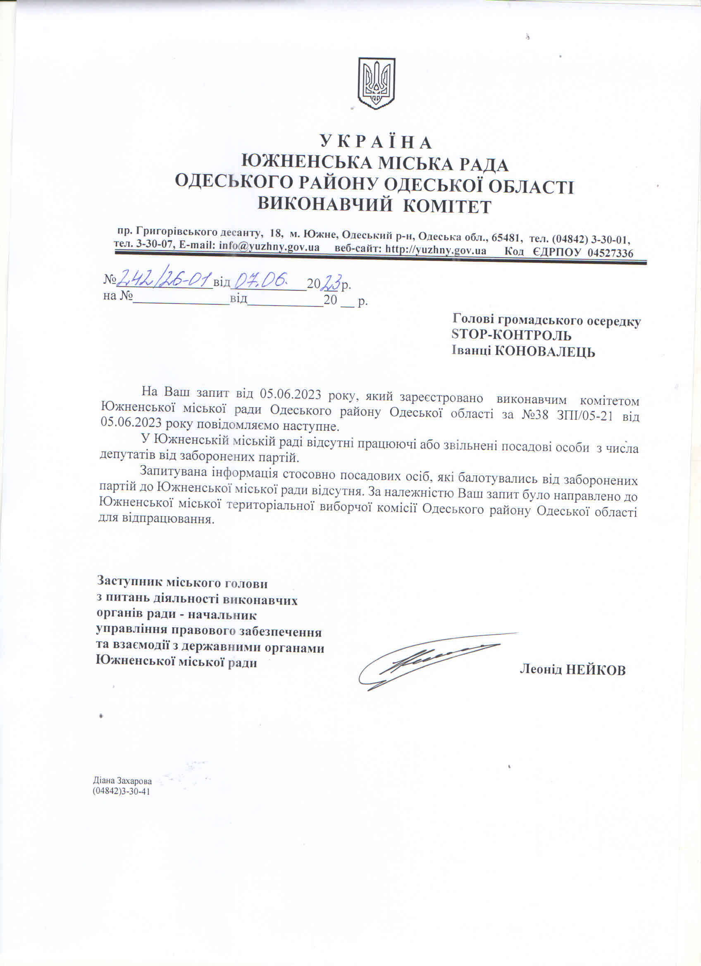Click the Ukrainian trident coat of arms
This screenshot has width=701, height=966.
tap(376, 84)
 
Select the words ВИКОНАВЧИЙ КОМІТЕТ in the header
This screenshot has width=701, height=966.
tap(375, 206)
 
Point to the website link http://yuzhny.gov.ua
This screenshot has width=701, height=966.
tap(436, 250)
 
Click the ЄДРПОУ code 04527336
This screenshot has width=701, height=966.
tap(610, 253)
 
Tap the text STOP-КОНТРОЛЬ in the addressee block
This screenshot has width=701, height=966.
tap(511, 335)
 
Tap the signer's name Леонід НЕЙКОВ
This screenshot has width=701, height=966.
tap(572, 670)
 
